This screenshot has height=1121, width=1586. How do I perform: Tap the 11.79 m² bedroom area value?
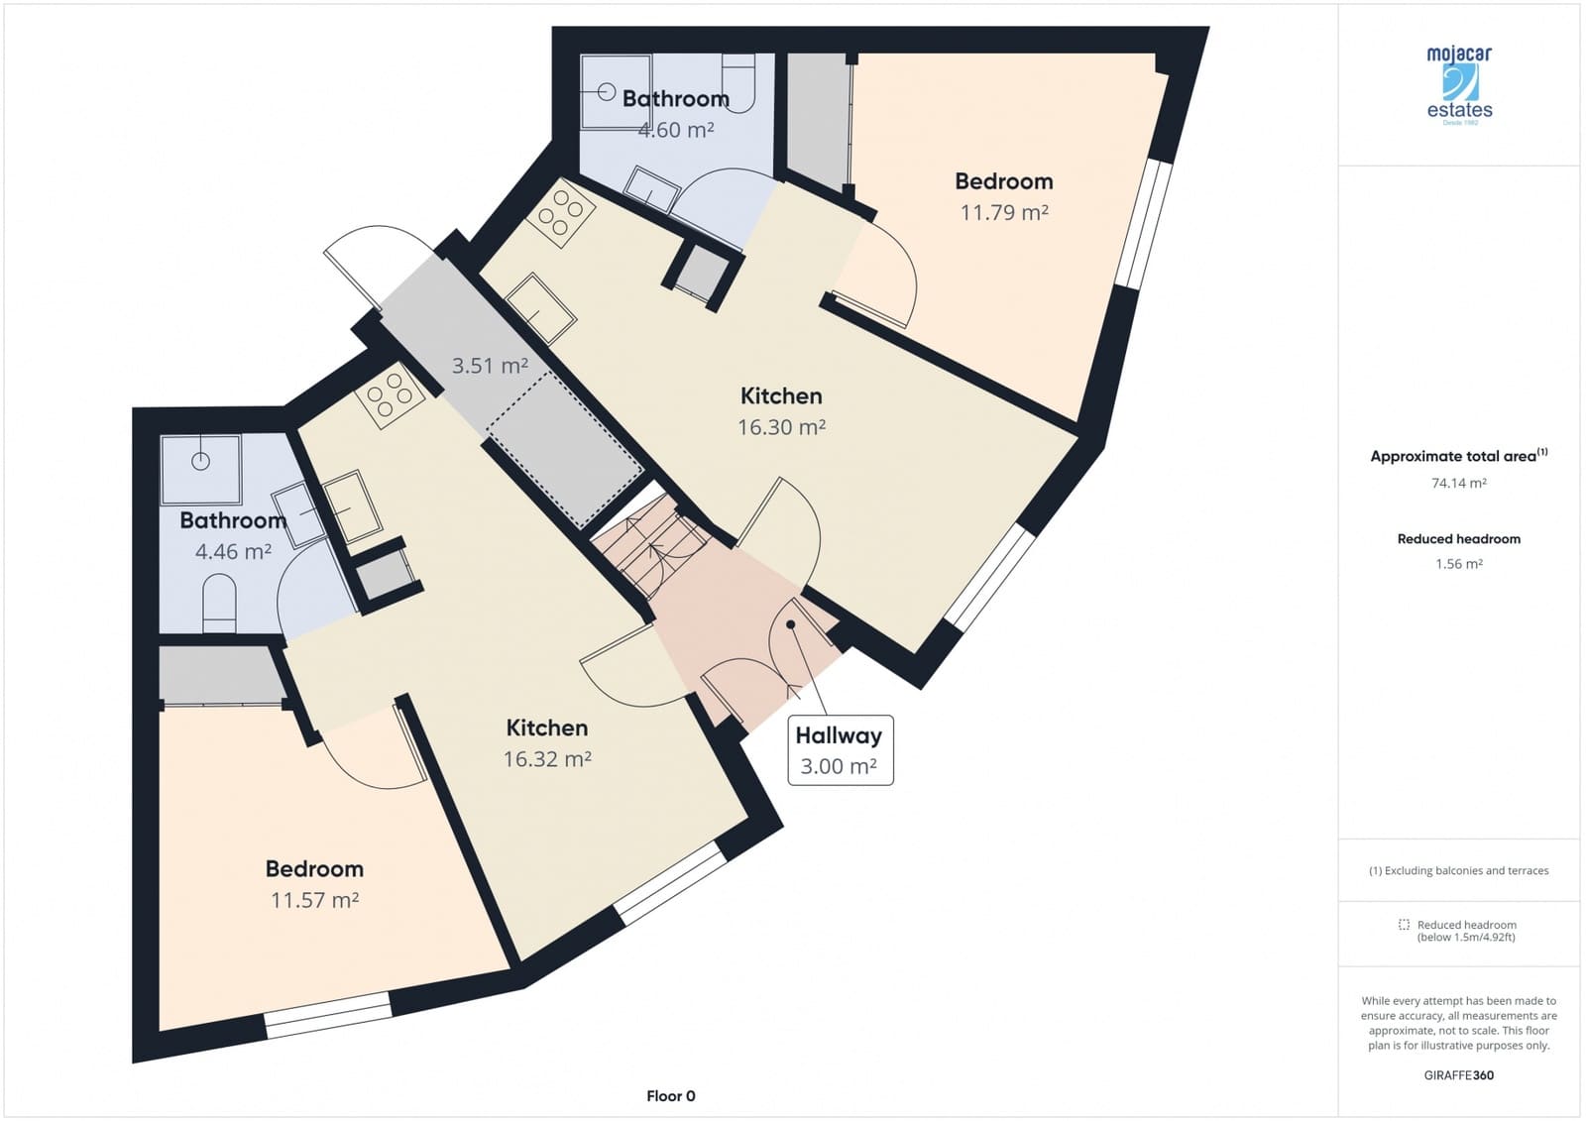coord(1004,212)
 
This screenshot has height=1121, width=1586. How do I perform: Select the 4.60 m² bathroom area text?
coord(676,130)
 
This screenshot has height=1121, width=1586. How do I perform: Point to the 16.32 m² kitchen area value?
coord(547,758)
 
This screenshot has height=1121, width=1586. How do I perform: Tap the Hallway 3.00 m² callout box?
coord(841,750)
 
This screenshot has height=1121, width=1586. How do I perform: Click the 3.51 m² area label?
coord(490,366)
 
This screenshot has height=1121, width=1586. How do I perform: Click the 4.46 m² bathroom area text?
coord(233,551)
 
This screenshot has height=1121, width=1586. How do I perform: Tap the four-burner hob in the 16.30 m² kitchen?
coord(560,213)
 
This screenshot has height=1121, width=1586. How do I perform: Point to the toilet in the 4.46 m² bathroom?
coord(219,604)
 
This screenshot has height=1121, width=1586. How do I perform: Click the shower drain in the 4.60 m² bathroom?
coord(606,92)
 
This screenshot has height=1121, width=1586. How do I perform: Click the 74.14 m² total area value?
coord(1458,483)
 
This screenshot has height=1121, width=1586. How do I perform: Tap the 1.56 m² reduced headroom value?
coord(1458,564)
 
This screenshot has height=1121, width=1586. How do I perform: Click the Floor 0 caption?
coord(670,1095)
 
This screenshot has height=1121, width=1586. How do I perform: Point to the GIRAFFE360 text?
coord(1458,1075)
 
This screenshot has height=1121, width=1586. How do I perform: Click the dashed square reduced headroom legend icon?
coord(1404,924)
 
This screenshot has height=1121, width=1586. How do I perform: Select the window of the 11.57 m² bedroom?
coord(328,1015)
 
